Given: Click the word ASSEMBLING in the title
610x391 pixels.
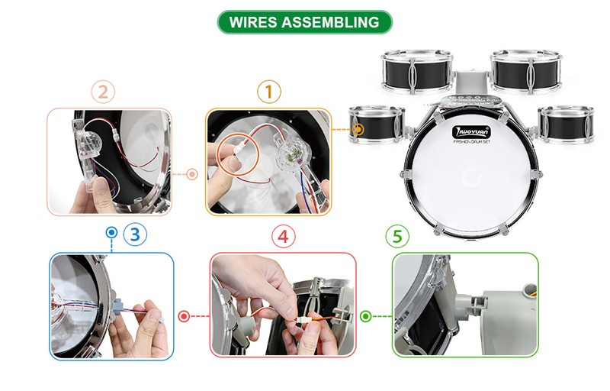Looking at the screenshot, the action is coord(331,22).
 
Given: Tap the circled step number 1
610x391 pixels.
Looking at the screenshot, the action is coord(269,92).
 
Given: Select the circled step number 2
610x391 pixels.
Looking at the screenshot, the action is coord(103,92).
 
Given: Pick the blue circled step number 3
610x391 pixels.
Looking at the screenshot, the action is coord(135,234).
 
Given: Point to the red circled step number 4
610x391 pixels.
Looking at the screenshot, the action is coord(284,236).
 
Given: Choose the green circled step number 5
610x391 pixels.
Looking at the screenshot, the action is coord(397,236).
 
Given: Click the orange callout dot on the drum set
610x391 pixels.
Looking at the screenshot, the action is coord(358,129).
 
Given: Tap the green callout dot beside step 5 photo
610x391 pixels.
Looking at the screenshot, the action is coord(366,316).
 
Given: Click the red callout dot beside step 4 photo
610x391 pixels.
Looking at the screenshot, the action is coord(184,316).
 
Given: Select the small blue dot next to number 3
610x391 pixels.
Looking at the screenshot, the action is coord(111,232).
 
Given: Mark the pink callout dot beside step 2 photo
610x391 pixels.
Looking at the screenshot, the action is coord(192,174).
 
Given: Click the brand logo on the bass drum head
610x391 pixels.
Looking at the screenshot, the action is coord(471,132).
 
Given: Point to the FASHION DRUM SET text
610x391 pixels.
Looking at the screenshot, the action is coord(471,142).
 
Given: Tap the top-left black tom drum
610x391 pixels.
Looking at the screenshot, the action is coord(416,72).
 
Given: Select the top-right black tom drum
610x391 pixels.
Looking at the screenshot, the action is coord(526,72).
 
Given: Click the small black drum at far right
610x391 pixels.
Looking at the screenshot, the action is coord(567,124).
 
